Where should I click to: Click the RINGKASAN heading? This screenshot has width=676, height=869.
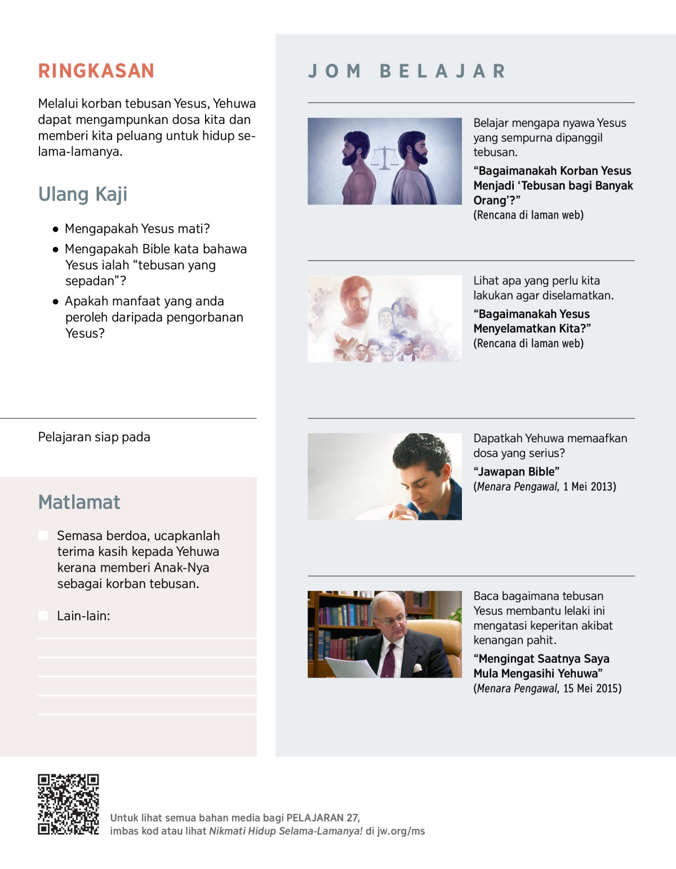point(96,71)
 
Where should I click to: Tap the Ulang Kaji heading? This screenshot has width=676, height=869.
point(83,194)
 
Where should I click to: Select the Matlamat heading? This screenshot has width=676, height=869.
point(79,502)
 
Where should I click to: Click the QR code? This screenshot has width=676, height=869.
point(68,804)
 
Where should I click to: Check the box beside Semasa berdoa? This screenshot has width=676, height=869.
point(43,536)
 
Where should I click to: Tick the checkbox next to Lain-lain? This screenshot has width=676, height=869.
point(43,616)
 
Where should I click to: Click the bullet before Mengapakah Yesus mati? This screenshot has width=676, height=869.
point(55,229)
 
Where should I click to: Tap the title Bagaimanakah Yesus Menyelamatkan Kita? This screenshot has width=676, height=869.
point(532,321)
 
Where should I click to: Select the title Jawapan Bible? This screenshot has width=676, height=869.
point(517,471)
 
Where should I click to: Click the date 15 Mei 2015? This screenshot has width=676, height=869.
point(592,688)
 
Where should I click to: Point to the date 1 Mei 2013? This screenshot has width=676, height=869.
point(589,487)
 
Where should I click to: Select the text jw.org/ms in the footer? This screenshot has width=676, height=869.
point(401,831)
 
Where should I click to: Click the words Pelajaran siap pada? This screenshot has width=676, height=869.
point(94,437)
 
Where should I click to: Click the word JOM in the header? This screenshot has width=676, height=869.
point(335,72)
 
